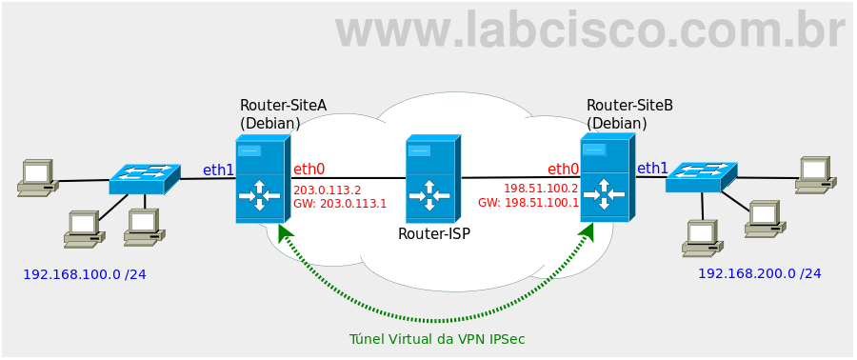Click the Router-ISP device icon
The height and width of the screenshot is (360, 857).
[x=432, y=179]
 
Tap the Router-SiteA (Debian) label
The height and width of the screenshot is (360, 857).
[x=269, y=114]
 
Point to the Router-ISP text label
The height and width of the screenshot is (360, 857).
[x=433, y=233]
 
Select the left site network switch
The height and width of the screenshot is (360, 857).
[x=144, y=178]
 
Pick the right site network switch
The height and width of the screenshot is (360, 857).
[x=701, y=176]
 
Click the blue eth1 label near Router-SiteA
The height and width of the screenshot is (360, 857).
[x=218, y=170]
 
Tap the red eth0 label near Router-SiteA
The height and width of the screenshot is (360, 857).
[x=309, y=170]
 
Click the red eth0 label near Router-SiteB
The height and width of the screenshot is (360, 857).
[x=563, y=170]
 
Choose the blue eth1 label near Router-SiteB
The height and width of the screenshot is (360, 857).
[x=652, y=169]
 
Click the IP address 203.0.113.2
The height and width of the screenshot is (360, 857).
[x=327, y=190]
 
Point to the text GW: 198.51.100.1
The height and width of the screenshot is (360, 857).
[x=528, y=203]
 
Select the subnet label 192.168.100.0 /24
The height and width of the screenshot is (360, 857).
[x=84, y=274]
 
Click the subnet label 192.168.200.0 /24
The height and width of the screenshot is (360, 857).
[x=759, y=273]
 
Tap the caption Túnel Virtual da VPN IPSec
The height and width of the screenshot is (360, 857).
[x=437, y=339]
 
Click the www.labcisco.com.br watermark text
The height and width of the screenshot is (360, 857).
[x=589, y=30]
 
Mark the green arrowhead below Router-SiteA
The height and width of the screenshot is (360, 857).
[x=284, y=231]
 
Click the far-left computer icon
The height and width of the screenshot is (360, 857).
[x=36, y=178]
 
